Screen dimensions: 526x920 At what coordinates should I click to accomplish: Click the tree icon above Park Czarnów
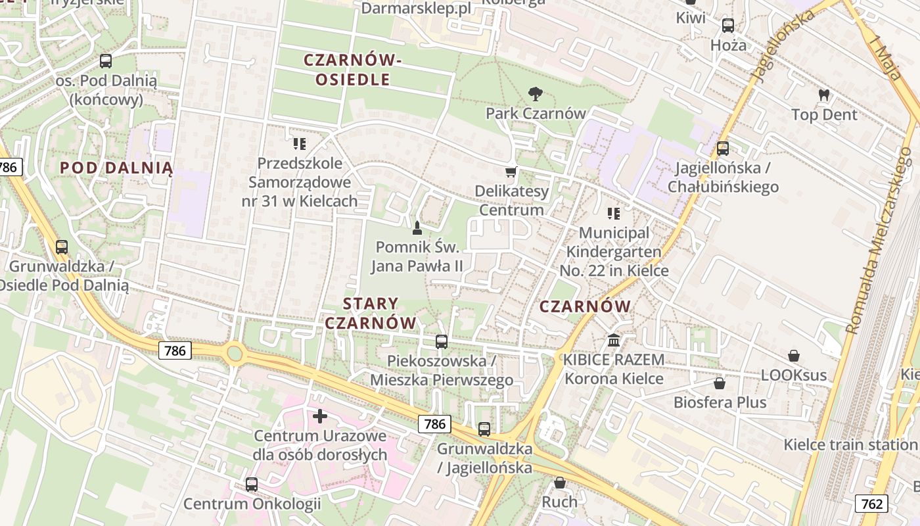pos(536,94)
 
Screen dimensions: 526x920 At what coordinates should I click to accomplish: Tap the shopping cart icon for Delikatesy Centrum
pos(511,172)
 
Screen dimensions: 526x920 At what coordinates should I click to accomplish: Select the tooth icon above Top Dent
pos(823,95)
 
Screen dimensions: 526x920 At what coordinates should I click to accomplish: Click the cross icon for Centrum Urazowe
pos(320,416)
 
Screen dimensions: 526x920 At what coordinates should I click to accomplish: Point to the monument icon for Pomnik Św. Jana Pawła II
pos(416,228)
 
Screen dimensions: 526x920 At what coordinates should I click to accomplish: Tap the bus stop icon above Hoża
pos(728,26)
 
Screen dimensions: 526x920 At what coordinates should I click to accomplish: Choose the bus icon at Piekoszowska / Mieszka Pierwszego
pos(442,342)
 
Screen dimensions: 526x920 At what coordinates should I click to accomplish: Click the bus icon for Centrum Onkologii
pos(252,485)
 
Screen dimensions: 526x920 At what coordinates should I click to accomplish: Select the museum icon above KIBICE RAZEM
pos(614,341)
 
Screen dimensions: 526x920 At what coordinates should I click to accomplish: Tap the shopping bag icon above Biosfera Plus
pos(720,383)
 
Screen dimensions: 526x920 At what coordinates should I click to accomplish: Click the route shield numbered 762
pos(871,504)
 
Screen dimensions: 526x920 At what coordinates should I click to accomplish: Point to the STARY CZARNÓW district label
pos(371,313)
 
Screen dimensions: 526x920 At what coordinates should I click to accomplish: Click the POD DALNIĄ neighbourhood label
pos(116,168)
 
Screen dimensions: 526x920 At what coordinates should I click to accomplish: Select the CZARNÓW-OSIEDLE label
pos(352,70)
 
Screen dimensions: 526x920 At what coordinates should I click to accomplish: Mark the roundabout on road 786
pos(235,353)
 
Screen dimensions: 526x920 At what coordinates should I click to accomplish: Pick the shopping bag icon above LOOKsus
pos(794,356)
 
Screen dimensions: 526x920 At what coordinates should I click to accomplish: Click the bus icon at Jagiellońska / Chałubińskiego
pos(723,149)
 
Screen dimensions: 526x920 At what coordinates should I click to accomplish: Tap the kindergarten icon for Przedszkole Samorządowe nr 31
pos(300,143)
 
